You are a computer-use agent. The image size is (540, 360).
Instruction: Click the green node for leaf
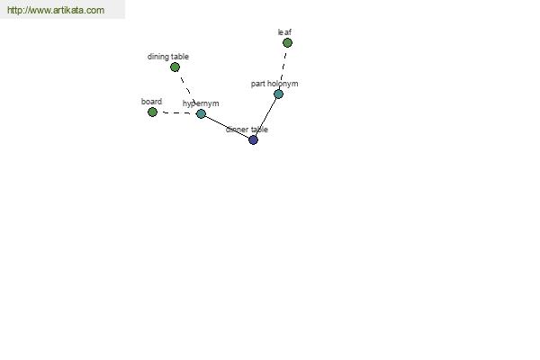click(x=288, y=42)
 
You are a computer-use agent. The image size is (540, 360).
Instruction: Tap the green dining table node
click(x=175, y=67)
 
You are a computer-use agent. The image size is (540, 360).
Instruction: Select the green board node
click(x=152, y=112)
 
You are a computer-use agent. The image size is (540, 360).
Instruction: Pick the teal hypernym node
click(x=201, y=113)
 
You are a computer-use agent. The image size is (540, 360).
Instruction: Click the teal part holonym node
click(x=279, y=94)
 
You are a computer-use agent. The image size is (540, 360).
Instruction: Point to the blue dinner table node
click(x=253, y=139)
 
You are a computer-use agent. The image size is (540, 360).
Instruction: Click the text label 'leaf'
click(x=284, y=32)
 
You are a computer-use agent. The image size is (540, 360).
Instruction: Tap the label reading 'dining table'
click(x=168, y=57)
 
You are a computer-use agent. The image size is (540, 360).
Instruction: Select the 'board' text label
click(x=151, y=102)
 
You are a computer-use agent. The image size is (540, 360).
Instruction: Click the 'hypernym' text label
click(x=201, y=103)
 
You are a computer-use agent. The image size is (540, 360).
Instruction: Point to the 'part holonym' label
click(x=274, y=84)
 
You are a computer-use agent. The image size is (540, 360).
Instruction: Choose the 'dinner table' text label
click(x=247, y=130)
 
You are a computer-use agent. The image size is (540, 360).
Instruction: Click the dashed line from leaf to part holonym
click(x=283, y=67)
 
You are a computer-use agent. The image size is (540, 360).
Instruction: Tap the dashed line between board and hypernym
click(x=176, y=113)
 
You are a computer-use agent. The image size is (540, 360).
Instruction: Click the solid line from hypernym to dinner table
click(x=227, y=127)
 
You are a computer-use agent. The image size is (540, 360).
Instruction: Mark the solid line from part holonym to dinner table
click(x=265, y=117)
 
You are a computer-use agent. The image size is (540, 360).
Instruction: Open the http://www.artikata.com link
click(x=56, y=10)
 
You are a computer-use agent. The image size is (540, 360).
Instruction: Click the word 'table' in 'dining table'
click(x=181, y=57)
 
